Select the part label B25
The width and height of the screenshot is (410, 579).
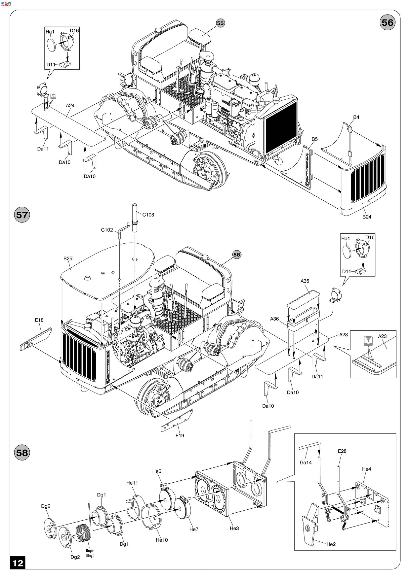click(x=68, y=258)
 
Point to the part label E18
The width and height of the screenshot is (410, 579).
click(x=39, y=320)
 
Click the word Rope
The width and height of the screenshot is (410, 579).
click(x=90, y=551)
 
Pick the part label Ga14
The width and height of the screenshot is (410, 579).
click(x=306, y=462)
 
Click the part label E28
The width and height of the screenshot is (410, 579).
click(x=342, y=451)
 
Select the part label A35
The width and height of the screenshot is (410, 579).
click(x=305, y=281)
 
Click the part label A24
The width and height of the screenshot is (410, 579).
click(x=70, y=105)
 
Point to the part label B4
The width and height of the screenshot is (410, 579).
click(x=356, y=117)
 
